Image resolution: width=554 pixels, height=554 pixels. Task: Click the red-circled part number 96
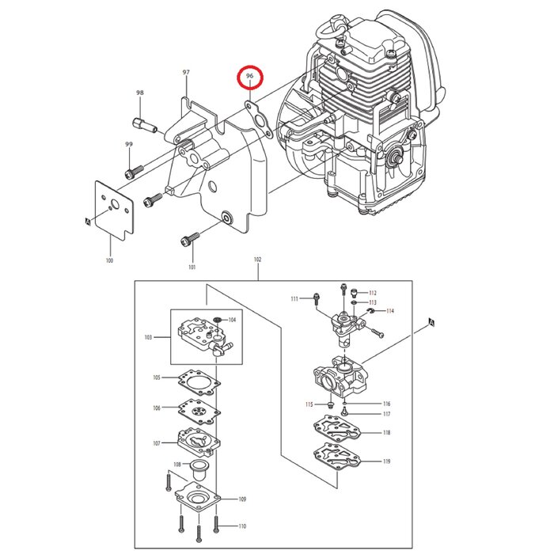click(x=250, y=77)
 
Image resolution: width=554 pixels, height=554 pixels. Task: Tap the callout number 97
click(x=187, y=73)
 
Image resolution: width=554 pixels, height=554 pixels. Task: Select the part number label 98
click(x=140, y=93)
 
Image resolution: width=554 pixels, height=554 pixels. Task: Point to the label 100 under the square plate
click(x=109, y=260)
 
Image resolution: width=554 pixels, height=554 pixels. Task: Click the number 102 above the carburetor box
click(x=257, y=259)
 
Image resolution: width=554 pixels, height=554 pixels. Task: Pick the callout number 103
click(x=148, y=337)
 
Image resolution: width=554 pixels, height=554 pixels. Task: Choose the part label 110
click(x=241, y=526)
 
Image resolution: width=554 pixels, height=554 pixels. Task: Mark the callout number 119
click(x=386, y=461)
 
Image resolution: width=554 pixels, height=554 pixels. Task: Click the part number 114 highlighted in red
click(x=390, y=311)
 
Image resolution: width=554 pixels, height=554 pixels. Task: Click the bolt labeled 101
click(x=189, y=237)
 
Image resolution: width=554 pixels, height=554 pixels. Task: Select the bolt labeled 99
click(x=133, y=171)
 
